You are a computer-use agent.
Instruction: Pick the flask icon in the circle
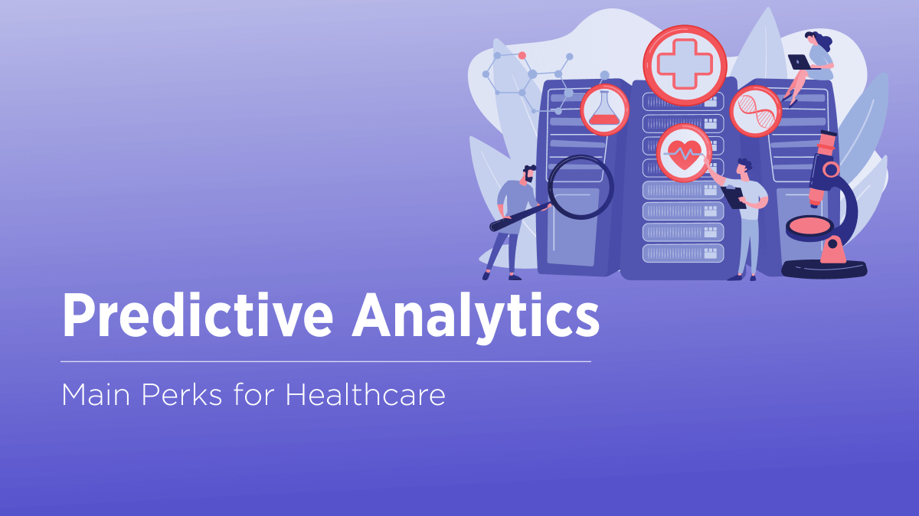coord(605,109)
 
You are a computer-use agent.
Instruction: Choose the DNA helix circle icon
coord(755,112)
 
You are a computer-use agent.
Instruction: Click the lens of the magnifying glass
coord(581,187)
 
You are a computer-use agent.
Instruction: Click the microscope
coord(827,207)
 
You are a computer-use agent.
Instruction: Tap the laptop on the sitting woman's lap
coord(800,62)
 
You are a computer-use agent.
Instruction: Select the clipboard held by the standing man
coord(734,197)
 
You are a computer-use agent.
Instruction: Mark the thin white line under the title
coord(325,361)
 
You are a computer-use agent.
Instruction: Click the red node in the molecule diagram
coord(522,55)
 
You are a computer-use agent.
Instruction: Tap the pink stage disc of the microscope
coord(810,225)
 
